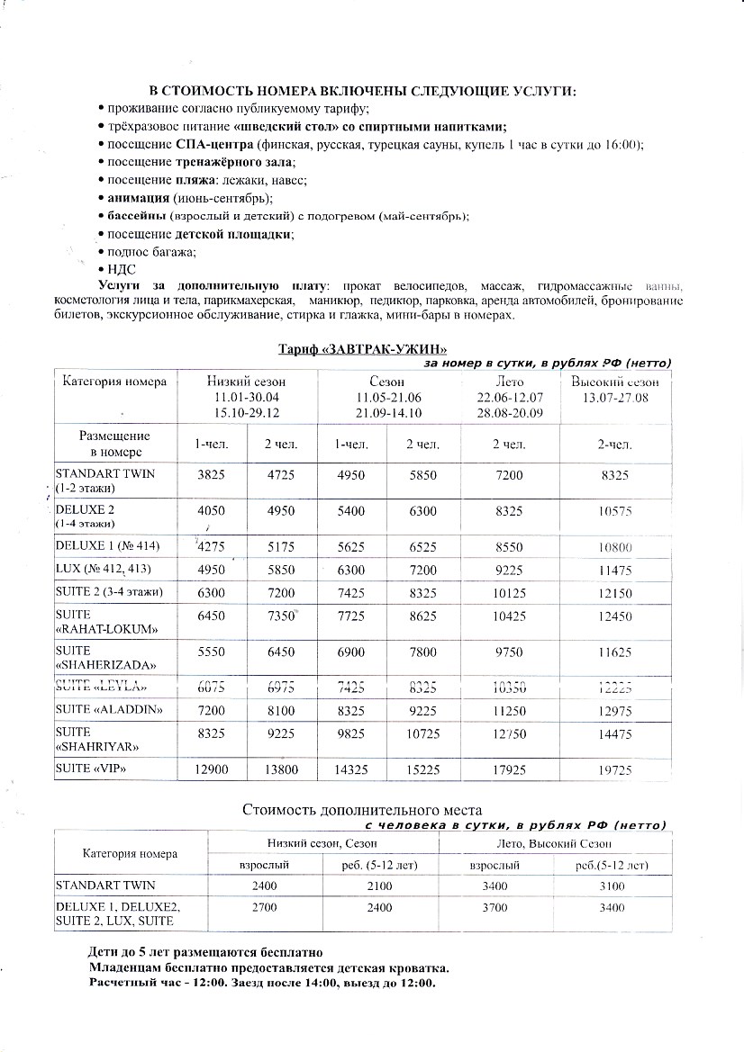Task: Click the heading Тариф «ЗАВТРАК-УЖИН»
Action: (361, 349)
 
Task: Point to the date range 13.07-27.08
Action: (616, 397)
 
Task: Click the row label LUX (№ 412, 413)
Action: (104, 571)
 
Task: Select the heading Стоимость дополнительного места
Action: (361, 809)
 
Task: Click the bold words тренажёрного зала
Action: (235, 162)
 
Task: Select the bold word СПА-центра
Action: (214, 145)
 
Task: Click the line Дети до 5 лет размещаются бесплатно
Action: (204, 951)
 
